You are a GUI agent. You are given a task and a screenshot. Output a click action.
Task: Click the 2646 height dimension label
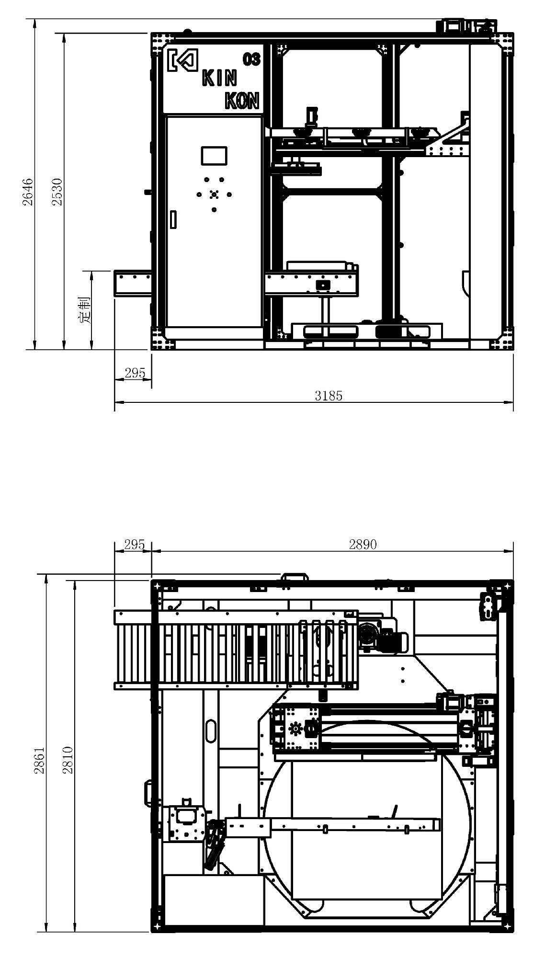pyautogui.click(x=28, y=192)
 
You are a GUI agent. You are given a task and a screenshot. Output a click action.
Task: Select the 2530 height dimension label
pyautogui.click(x=57, y=192)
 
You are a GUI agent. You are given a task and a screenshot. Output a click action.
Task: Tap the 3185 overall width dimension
pyautogui.click(x=329, y=395)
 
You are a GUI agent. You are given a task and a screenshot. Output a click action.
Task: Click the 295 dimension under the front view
pyautogui.click(x=135, y=373)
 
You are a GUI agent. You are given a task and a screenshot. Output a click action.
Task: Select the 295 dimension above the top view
pyautogui.click(x=134, y=544)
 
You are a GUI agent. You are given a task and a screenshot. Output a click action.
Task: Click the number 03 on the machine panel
pyautogui.click(x=251, y=59)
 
